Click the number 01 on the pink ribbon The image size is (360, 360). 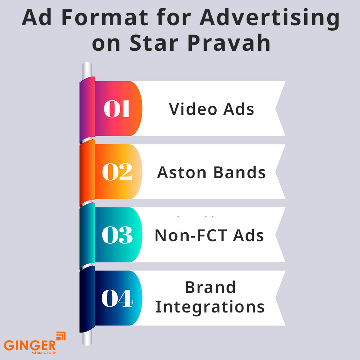pyautogui.click(x=117, y=109)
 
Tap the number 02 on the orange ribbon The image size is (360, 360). pyautogui.click(x=117, y=172)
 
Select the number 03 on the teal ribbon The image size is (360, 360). pyautogui.click(x=117, y=235)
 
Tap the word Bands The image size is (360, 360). pyautogui.click(x=239, y=172)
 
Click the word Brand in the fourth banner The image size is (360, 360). pyautogui.click(x=210, y=288)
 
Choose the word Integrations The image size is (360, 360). pyautogui.click(x=210, y=307)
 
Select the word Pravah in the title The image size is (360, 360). pyautogui.click(x=228, y=43)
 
